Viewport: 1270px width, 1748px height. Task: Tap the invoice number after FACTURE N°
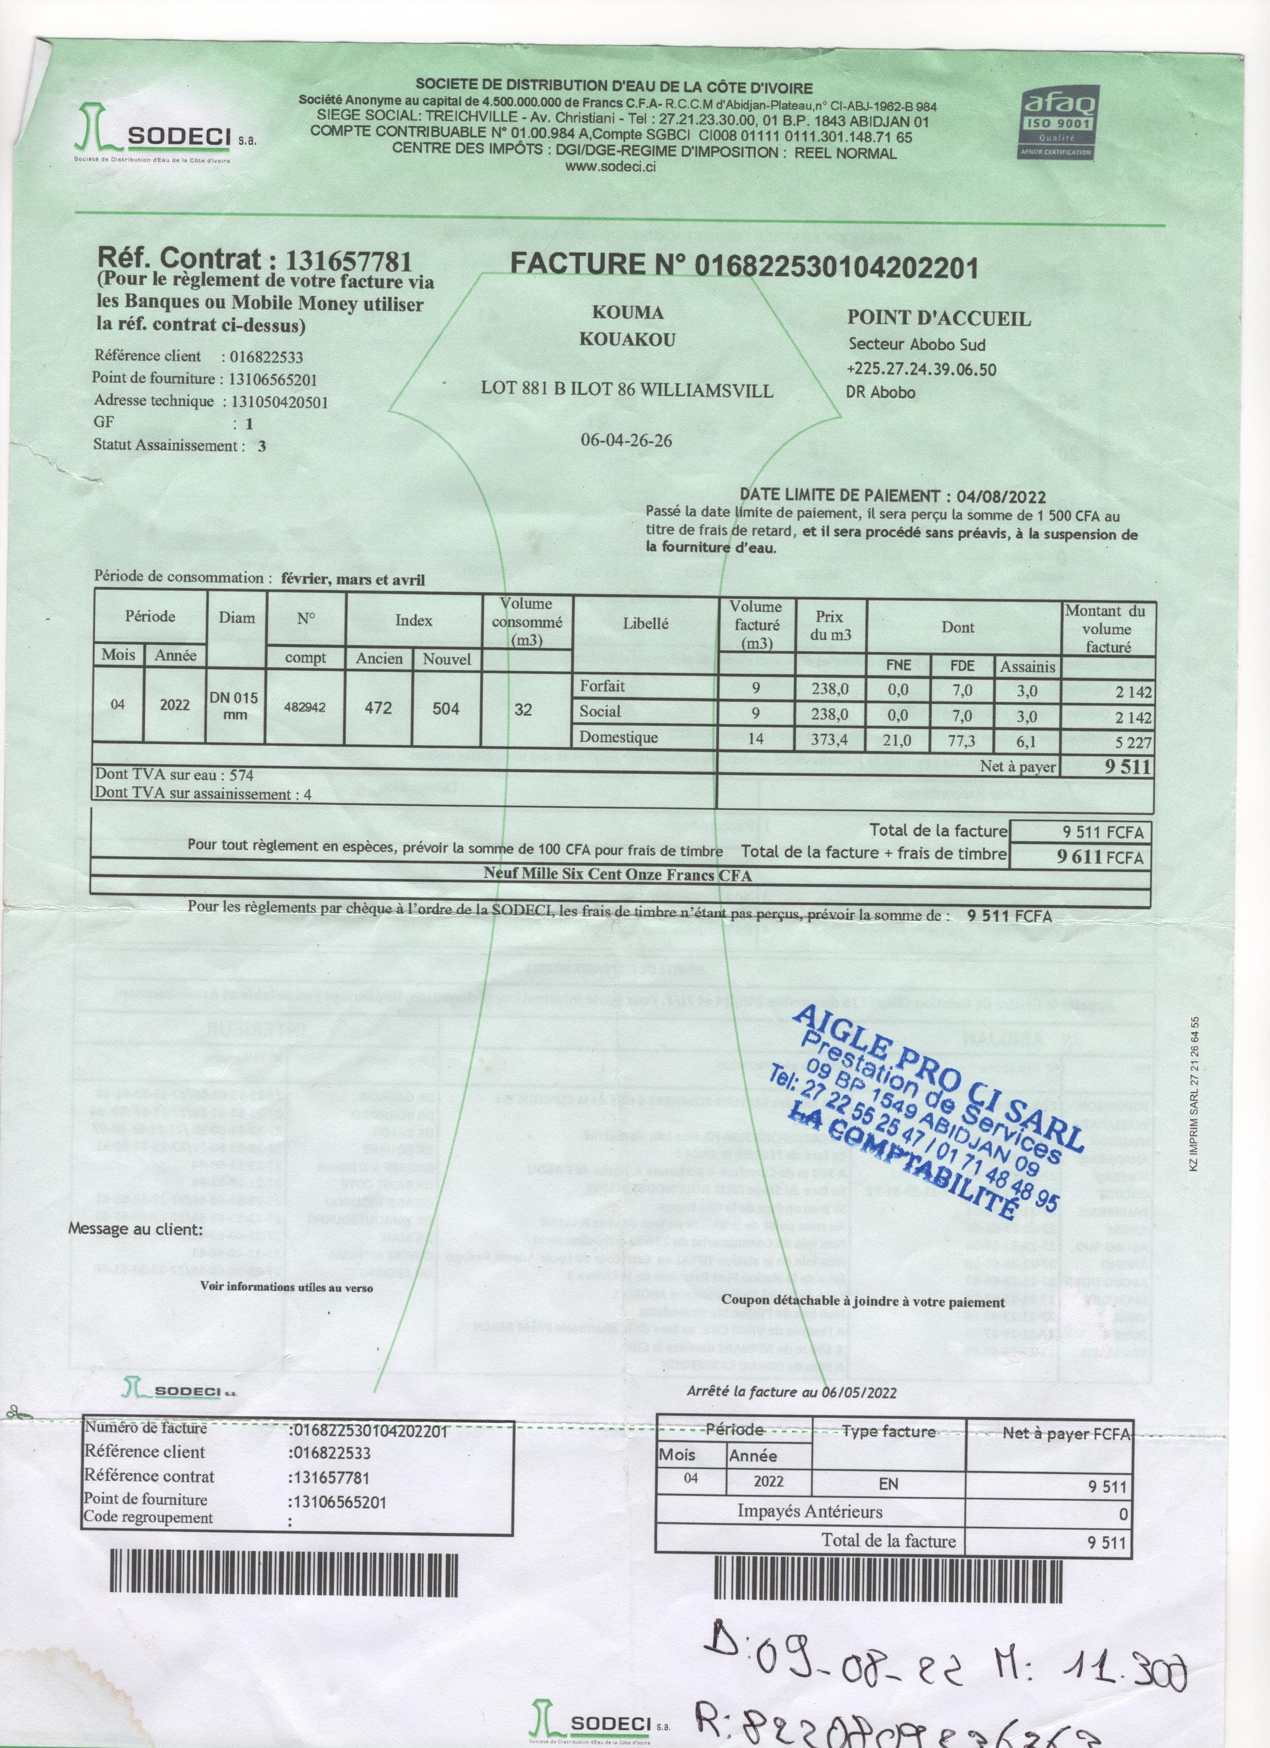click(x=837, y=267)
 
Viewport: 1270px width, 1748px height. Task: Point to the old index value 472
click(x=379, y=708)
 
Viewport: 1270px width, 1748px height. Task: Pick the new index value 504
click(x=445, y=708)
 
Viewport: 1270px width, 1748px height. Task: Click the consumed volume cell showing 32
click(x=523, y=709)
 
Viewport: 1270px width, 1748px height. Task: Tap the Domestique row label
click(x=619, y=737)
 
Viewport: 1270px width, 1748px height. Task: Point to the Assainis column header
click(x=1027, y=667)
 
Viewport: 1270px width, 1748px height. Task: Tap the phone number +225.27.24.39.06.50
click(x=921, y=369)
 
